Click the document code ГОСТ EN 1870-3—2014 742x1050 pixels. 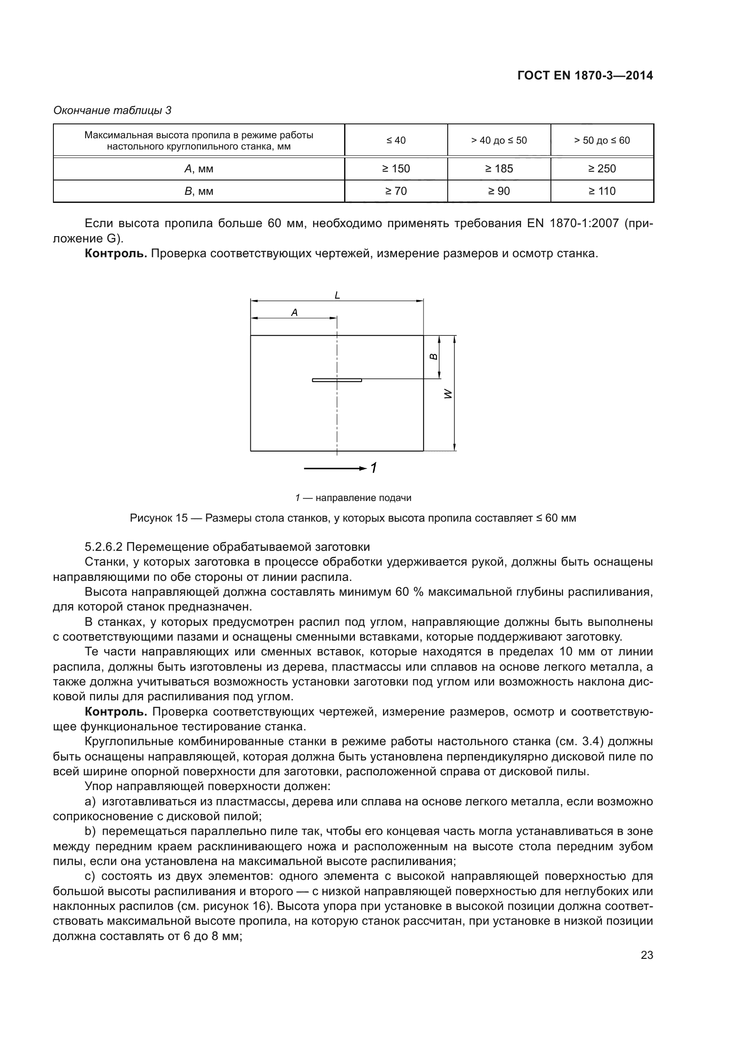(585, 75)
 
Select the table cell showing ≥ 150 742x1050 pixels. (396, 169)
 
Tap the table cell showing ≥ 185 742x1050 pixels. (499, 169)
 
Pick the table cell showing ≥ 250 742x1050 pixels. (602, 169)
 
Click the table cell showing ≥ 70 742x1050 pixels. (396, 191)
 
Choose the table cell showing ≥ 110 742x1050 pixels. (602, 191)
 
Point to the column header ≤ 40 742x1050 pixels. (396, 141)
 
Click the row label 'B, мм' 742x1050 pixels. (199, 191)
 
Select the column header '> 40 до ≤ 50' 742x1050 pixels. (499, 141)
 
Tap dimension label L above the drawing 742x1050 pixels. (337, 295)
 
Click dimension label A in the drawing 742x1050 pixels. (294, 313)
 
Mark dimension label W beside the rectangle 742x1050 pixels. (448, 394)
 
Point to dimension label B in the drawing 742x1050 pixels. (434, 357)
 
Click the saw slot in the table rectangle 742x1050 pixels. (337, 380)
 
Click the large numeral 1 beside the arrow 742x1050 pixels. (373, 468)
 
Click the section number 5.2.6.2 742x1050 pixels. (103, 547)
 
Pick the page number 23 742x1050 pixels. (646, 955)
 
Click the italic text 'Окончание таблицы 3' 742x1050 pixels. (113, 110)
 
